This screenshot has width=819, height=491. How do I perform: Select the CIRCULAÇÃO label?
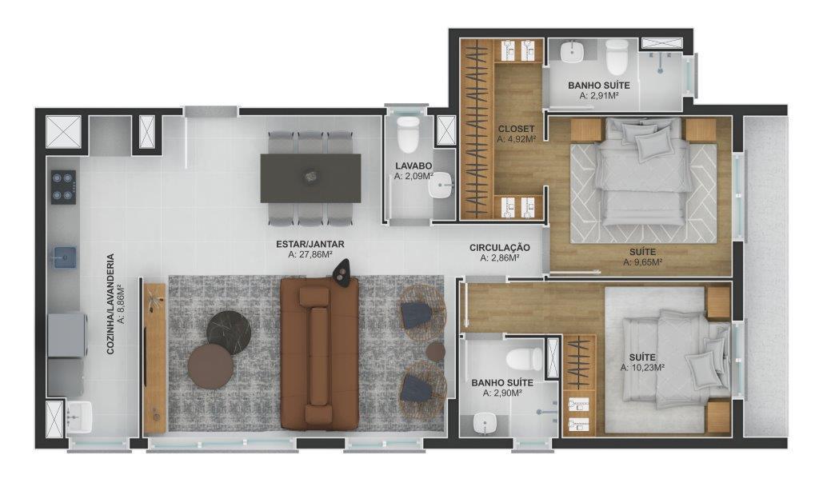[x=499, y=248]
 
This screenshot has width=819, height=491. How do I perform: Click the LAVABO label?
[x=413, y=166]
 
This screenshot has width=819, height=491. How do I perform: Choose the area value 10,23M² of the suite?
[x=643, y=368]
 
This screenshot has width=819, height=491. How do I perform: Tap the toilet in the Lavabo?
[x=408, y=135]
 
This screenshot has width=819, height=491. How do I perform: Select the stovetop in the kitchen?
[x=64, y=186]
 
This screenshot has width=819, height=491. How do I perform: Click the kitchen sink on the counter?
[x=64, y=257]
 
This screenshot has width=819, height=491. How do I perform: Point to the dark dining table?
[x=310, y=178]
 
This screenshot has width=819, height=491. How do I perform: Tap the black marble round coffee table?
[x=230, y=329]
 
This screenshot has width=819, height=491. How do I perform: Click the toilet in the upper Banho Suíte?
[x=617, y=58]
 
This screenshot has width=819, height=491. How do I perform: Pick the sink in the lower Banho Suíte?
[x=484, y=421]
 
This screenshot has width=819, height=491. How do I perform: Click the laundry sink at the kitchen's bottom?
[x=78, y=416]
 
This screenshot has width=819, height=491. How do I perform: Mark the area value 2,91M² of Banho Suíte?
[x=598, y=95]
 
